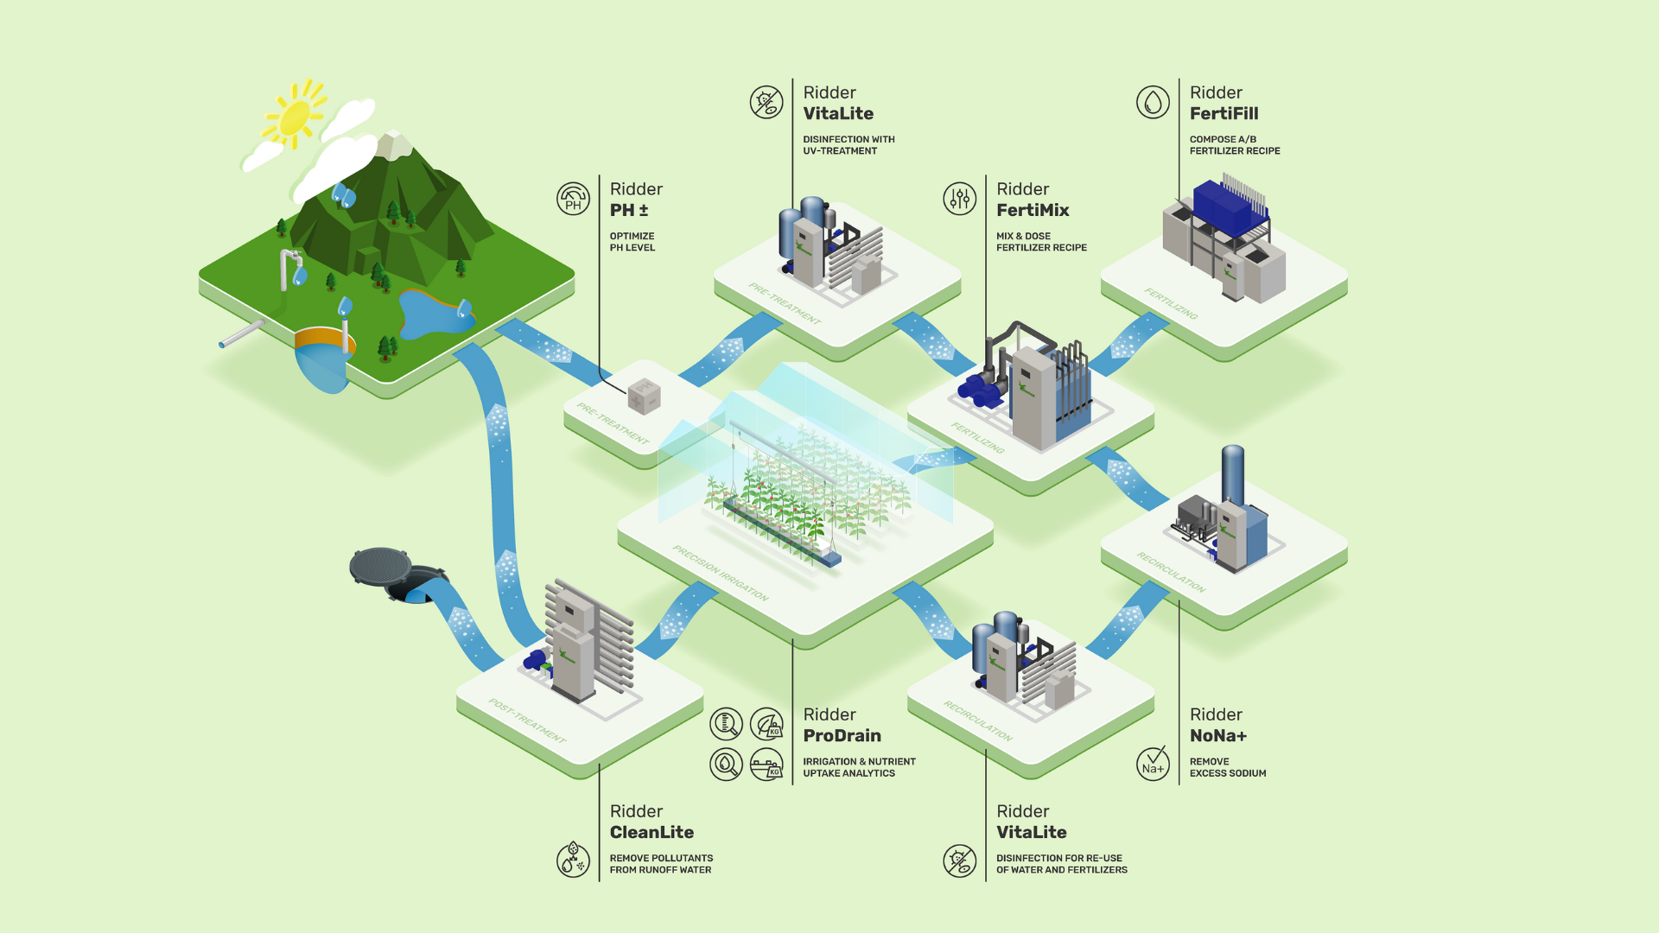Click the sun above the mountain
294,117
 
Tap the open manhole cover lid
380,566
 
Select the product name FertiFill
1224,113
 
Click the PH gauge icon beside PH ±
573,199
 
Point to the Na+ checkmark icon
1153,764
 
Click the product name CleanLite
652,832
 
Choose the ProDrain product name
842,735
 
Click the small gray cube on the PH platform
644,397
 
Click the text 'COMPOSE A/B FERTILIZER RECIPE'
1234,145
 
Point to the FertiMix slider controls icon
959,199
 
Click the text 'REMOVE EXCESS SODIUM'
1227,767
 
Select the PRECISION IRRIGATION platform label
720,573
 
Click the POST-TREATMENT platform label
527,720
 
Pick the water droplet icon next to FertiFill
1153,102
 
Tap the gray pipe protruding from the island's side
241,334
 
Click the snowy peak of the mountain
394,144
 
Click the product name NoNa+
1217,735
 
